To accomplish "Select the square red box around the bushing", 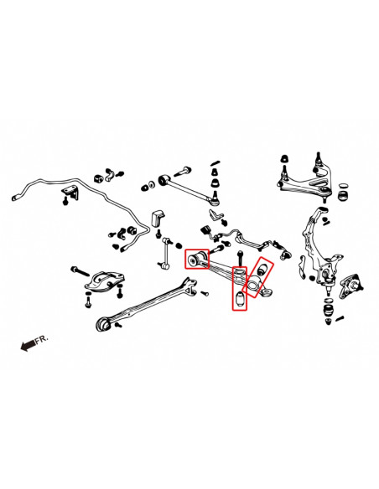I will (x=196, y=259).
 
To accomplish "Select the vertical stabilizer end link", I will (x=165, y=251).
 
